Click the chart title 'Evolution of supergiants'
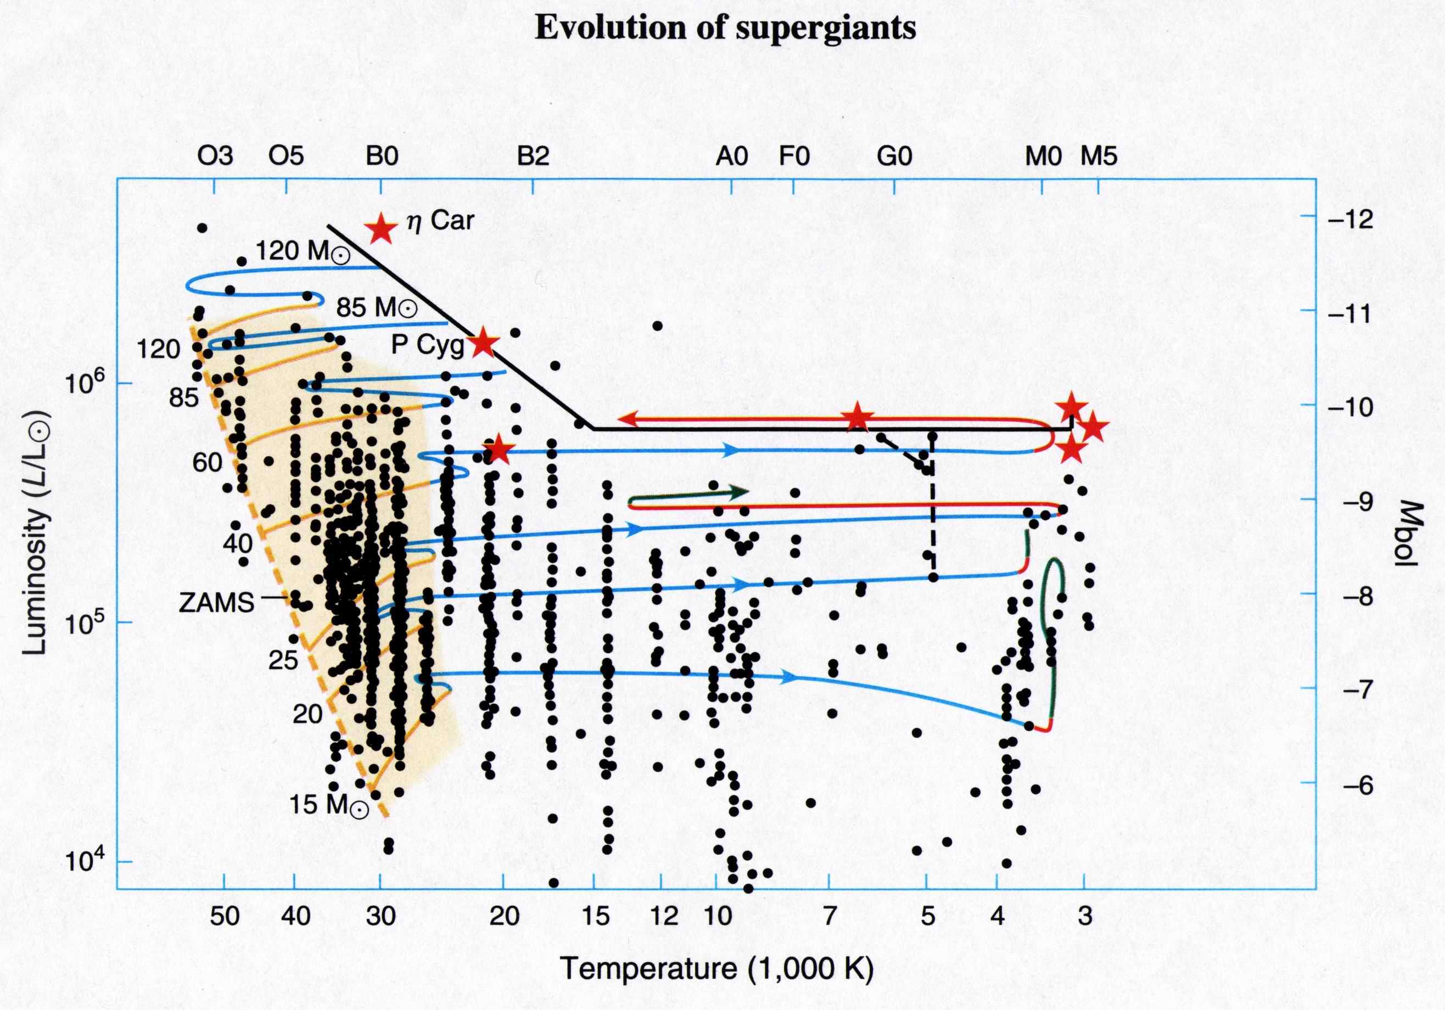tap(725, 29)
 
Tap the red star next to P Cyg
tap(483, 343)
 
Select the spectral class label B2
tap(533, 155)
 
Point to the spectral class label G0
tap(894, 155)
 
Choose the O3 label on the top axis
tap(215, 155)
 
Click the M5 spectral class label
tap(1099, 155)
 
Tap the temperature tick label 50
tap(225, 916)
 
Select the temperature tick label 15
tap(595, 916)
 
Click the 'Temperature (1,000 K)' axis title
tap(717, 968)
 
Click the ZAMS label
tap(216, 603)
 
